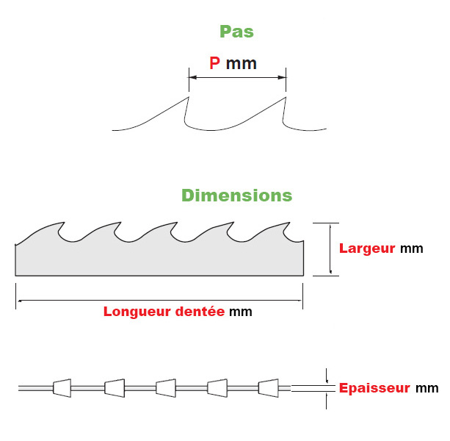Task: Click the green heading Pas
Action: (x=236, y=32)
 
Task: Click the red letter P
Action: (x=214, y=63)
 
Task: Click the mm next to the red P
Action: (x=242, y=64)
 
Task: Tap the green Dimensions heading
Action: (x=236, y=196)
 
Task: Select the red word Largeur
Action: (x=367, y=248)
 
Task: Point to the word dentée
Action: (x=200, y=311)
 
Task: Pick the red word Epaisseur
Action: (x=374, y=388)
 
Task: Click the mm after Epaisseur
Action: (x=427, y=388)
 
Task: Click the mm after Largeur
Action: (x=412, y=248)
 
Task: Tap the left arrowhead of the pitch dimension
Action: (x=192, y=77)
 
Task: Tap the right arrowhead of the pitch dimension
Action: (x=283, y=77)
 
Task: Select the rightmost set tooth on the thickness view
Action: (x=269, y=387)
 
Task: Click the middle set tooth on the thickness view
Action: (x=165, y=387)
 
